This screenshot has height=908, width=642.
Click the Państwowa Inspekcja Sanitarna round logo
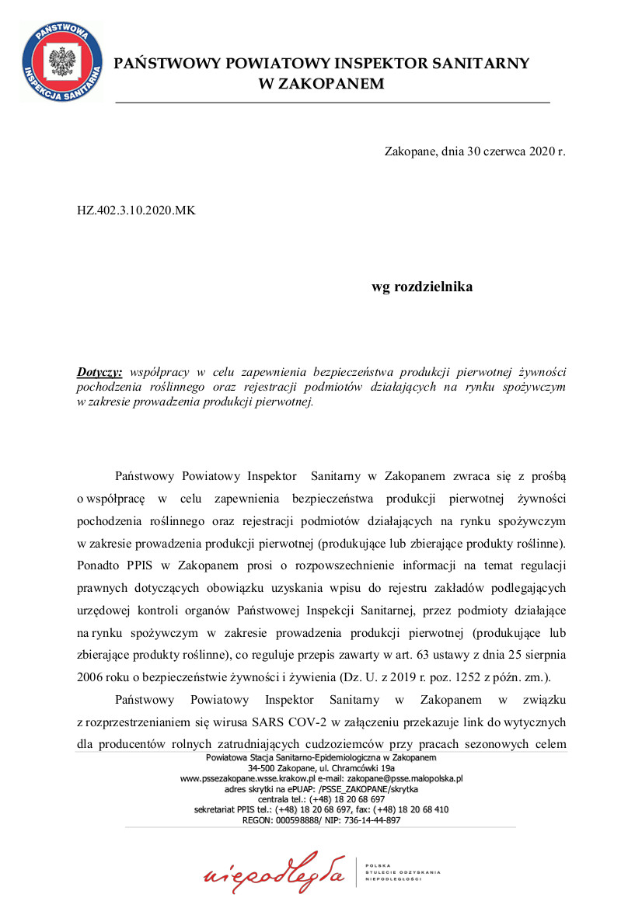(60, 61)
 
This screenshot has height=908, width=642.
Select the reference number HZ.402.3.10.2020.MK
(136, 210)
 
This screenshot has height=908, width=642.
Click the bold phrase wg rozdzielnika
(422, 287)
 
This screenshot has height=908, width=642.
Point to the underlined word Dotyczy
(99, 372)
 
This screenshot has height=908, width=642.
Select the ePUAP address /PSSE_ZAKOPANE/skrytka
(362, 788)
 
